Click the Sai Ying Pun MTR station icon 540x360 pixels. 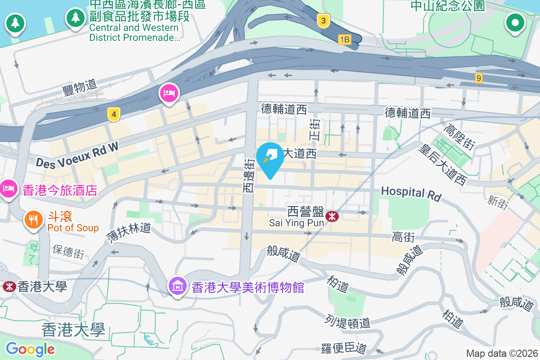[333, 216]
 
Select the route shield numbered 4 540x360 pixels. [114, 115]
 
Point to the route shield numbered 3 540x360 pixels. [323, 20]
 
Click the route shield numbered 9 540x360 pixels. [479, 78]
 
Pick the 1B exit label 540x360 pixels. [344, 40]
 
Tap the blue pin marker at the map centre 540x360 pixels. [270, 158]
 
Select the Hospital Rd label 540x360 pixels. [411, 193]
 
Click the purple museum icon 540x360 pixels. [178, 286]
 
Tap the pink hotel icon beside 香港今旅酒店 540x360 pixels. [9, 188]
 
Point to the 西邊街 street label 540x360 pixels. [249, 176]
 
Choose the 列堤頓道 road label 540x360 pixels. [347, 322]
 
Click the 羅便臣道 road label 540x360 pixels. [344, 348]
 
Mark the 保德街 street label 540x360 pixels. [68, 251]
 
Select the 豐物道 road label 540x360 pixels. [79, 86]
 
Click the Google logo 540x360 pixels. [30, 349]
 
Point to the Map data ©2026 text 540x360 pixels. [501, 353]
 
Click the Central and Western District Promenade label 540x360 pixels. [134, 32]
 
